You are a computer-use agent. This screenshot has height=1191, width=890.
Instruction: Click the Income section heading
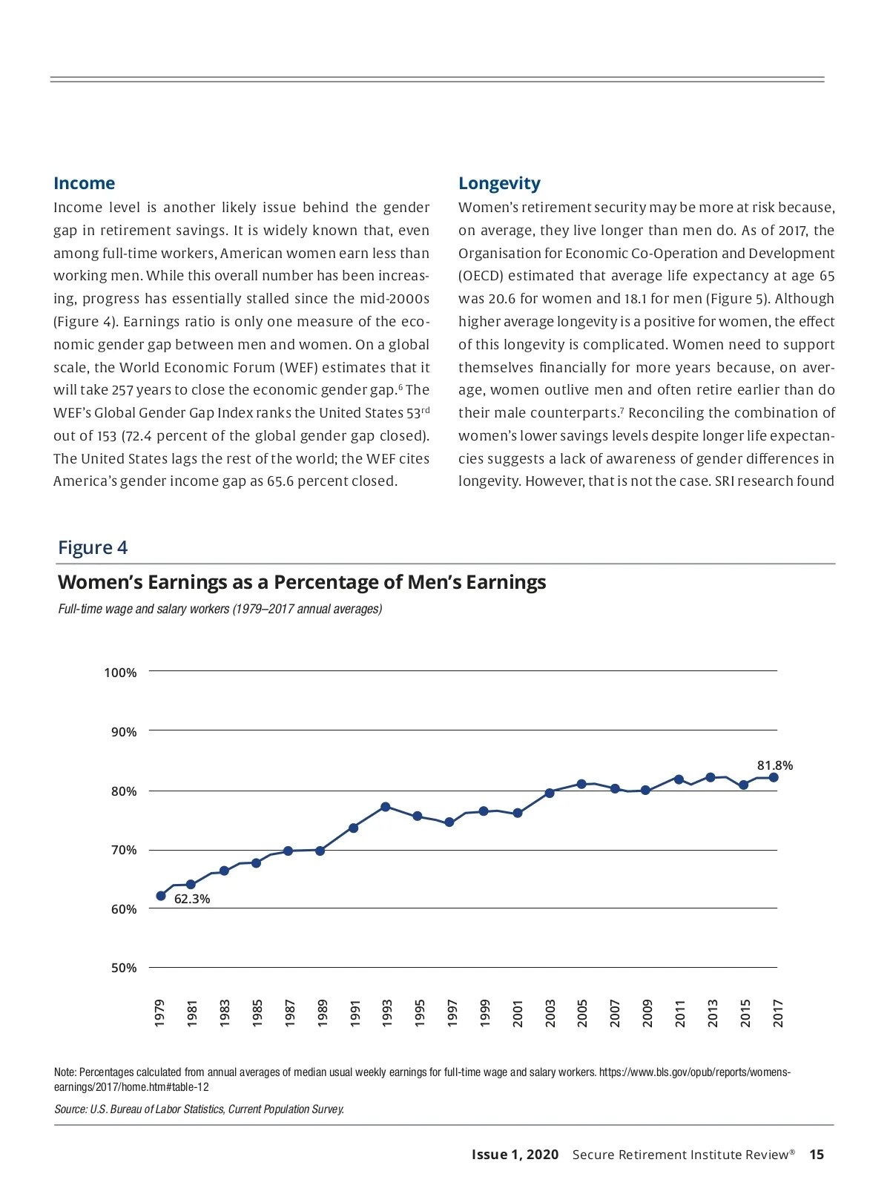coord(84,183)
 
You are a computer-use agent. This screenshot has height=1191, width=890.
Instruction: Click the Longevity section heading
coord(499,183)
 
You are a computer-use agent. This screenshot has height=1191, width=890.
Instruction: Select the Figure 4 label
coord(93,547)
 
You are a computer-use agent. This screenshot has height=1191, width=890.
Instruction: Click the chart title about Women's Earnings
coord(302,582)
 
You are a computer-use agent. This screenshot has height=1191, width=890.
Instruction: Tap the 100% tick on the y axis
coord(120,673)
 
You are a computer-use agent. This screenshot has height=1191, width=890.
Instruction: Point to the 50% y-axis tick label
coord(124,968)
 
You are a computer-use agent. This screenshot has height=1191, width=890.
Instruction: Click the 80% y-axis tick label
coord(124,791)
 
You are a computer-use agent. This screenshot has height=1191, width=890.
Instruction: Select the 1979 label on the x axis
coord(160,1013)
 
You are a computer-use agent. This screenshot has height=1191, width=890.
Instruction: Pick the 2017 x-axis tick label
coord(778,1013)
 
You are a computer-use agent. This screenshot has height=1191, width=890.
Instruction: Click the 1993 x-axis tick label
coord(387,1013)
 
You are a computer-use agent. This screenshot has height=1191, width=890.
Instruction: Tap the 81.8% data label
coord(774,765)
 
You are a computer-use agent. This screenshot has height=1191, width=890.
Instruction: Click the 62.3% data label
coord(192,899)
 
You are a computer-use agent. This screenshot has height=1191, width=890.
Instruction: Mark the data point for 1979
coord(161,896)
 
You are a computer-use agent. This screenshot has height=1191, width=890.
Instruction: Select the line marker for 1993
coord(386,807)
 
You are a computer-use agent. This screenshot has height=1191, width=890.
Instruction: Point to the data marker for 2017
coord(774,777)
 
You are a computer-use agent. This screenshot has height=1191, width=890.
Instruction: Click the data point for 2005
coord(581,784)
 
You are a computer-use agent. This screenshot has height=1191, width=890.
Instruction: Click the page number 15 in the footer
coord(817,1155)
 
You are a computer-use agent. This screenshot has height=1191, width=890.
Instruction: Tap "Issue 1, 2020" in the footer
coord(515,1155)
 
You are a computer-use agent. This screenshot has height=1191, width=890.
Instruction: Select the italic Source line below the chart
coord(199,1109)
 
